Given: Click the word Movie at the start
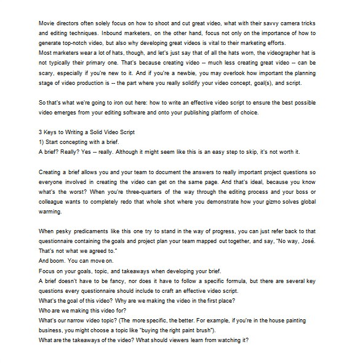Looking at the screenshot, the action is tap(47, 22).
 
